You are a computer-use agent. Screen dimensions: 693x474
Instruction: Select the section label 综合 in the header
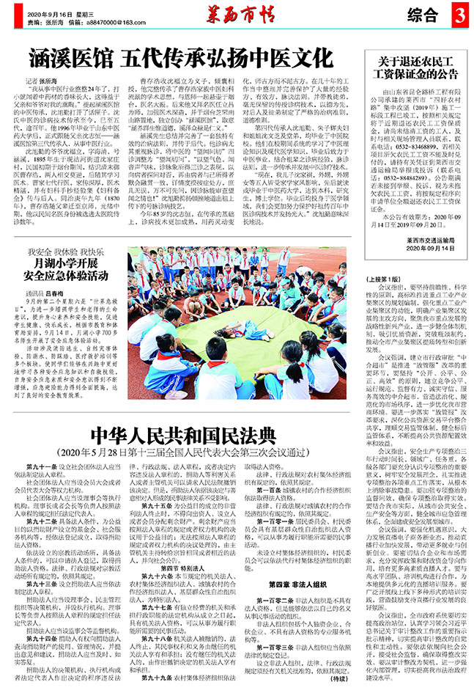[x=423, y=15]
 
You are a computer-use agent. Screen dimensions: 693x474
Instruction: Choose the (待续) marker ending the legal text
[x=347, y=679]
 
